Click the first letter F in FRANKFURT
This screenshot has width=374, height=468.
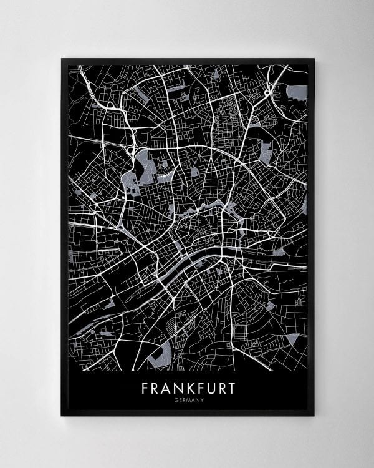145,389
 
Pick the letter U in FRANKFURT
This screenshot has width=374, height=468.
214,389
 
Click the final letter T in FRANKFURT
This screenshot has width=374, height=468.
233,389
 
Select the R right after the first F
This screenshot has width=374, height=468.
156,389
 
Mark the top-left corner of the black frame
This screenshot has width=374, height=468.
61,59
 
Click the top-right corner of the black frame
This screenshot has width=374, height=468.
314,59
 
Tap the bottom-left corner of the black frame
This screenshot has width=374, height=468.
61,416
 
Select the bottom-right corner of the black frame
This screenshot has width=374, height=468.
314,416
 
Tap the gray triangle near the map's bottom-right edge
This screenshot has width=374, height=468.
292,340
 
